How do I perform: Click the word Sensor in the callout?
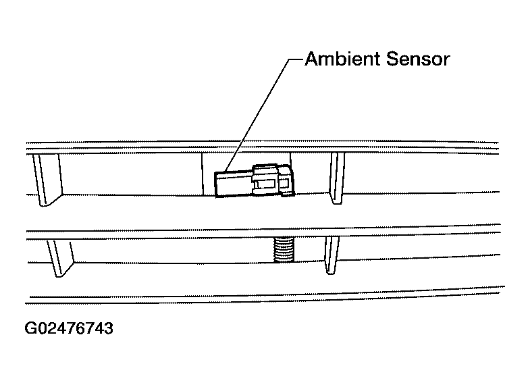(x=418, y=59)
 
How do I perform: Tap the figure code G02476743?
(x=69, y=328)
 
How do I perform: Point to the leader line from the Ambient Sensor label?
(x=263, y=115)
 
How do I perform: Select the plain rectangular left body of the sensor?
(x=234, y=184)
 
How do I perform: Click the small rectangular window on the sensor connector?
(x=265, y=184)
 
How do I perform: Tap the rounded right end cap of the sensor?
(x=286, y=180)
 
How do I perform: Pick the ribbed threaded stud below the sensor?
(x=284, y=249)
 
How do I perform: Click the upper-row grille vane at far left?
(x=47, y=180)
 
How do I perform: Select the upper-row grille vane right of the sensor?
(x=338, y=178)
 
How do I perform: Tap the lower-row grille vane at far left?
(x=60, y=258)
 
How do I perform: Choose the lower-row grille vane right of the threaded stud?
(x=332, y=255)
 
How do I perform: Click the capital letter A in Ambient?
(x=312, y=59)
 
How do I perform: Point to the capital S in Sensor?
(x=392, y=59)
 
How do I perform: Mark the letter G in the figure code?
(x=31, y=328)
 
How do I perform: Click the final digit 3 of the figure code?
(x=109, y=328)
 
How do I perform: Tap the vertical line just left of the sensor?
(x=203, y=174)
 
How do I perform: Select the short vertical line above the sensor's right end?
(x=291, y=159)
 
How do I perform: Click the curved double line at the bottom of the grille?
(x=265, y=295)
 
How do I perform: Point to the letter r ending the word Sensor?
(x=446, y=61)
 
